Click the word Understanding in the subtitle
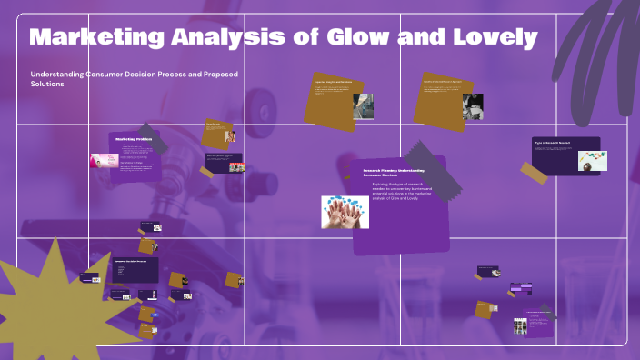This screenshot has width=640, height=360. coord(61,74)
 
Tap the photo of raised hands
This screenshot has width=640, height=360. coord(344,212)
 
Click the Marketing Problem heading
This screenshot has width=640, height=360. coord(132,139)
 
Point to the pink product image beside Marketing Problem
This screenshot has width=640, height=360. coord(101,160)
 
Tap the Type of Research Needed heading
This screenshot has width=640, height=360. coord(553,144)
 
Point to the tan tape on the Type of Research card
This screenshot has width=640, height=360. coord(535,173)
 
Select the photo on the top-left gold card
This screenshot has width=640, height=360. coord(363,105)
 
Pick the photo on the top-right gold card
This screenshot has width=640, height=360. coord(472,106)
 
